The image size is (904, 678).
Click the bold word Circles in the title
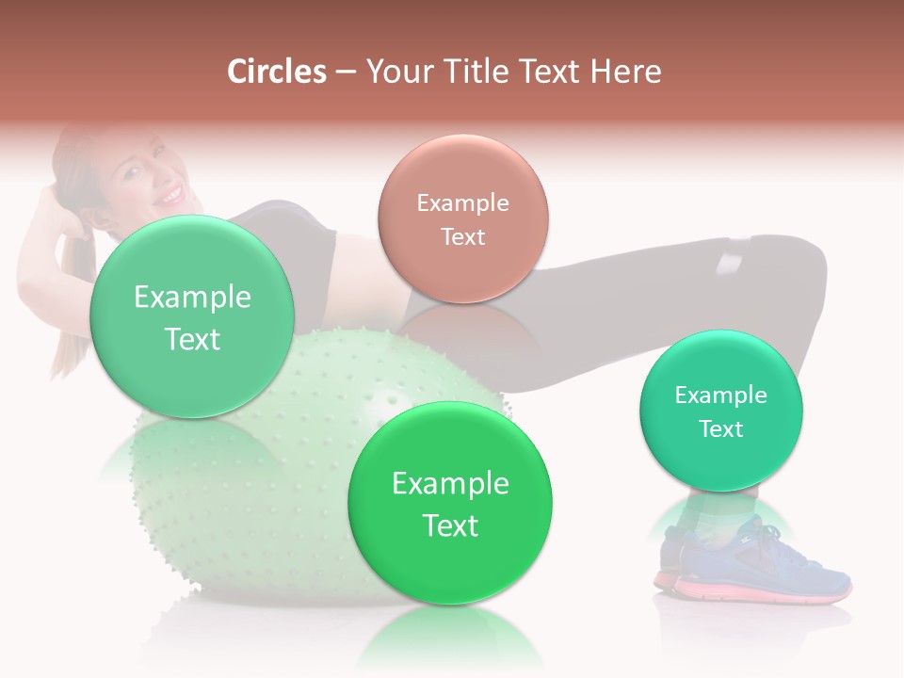[x=276, y=72]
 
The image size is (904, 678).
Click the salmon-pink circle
[x=462, y=218]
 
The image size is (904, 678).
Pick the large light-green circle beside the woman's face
[x=192, y=316]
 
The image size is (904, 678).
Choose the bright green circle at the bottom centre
[x=450, y=503]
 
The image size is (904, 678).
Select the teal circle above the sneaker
[x=720, y=411]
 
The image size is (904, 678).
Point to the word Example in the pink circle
[x=462, y=202]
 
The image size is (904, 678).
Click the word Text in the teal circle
[x=720, y=429]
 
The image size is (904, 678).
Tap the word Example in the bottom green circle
[x=450, y=483]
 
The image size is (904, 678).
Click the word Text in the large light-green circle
[x=192, y=339]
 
